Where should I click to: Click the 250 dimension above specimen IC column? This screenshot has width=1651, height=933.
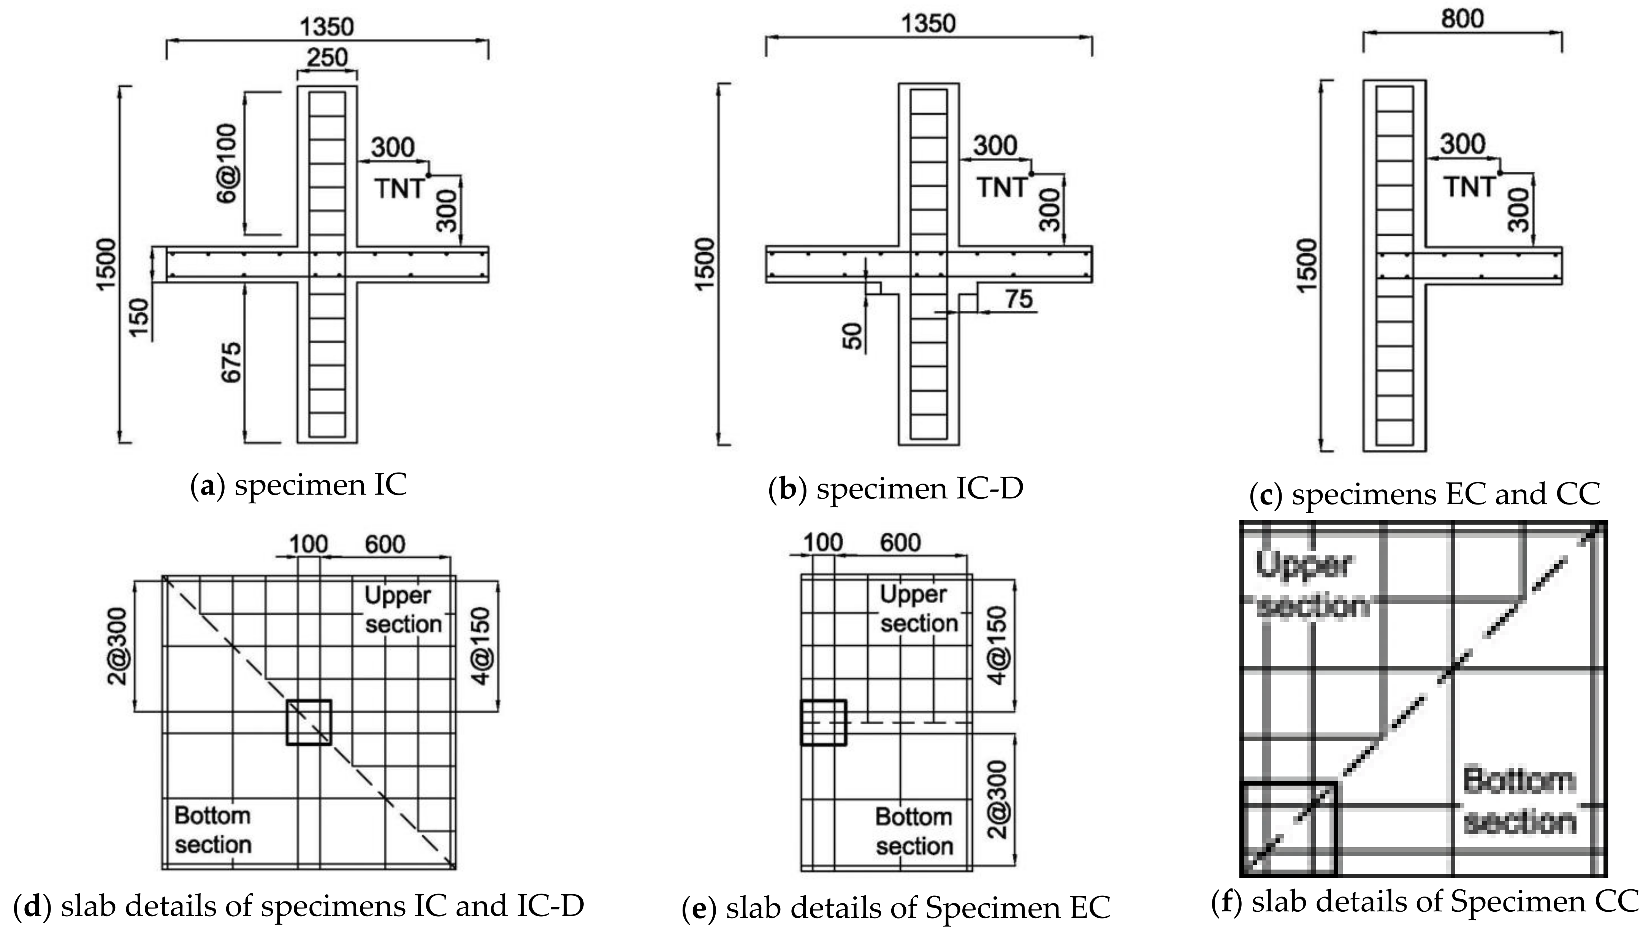[x=327, y=58]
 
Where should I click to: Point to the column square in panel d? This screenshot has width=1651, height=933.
[x=309, y=722]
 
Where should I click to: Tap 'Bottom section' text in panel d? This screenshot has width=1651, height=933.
[x=213, y=830]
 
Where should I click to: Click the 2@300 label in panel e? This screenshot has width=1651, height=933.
[x=997, y=800]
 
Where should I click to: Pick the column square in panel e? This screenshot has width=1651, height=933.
[x=824, y=722]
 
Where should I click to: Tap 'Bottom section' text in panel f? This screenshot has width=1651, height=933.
[x=1519, y=801]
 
